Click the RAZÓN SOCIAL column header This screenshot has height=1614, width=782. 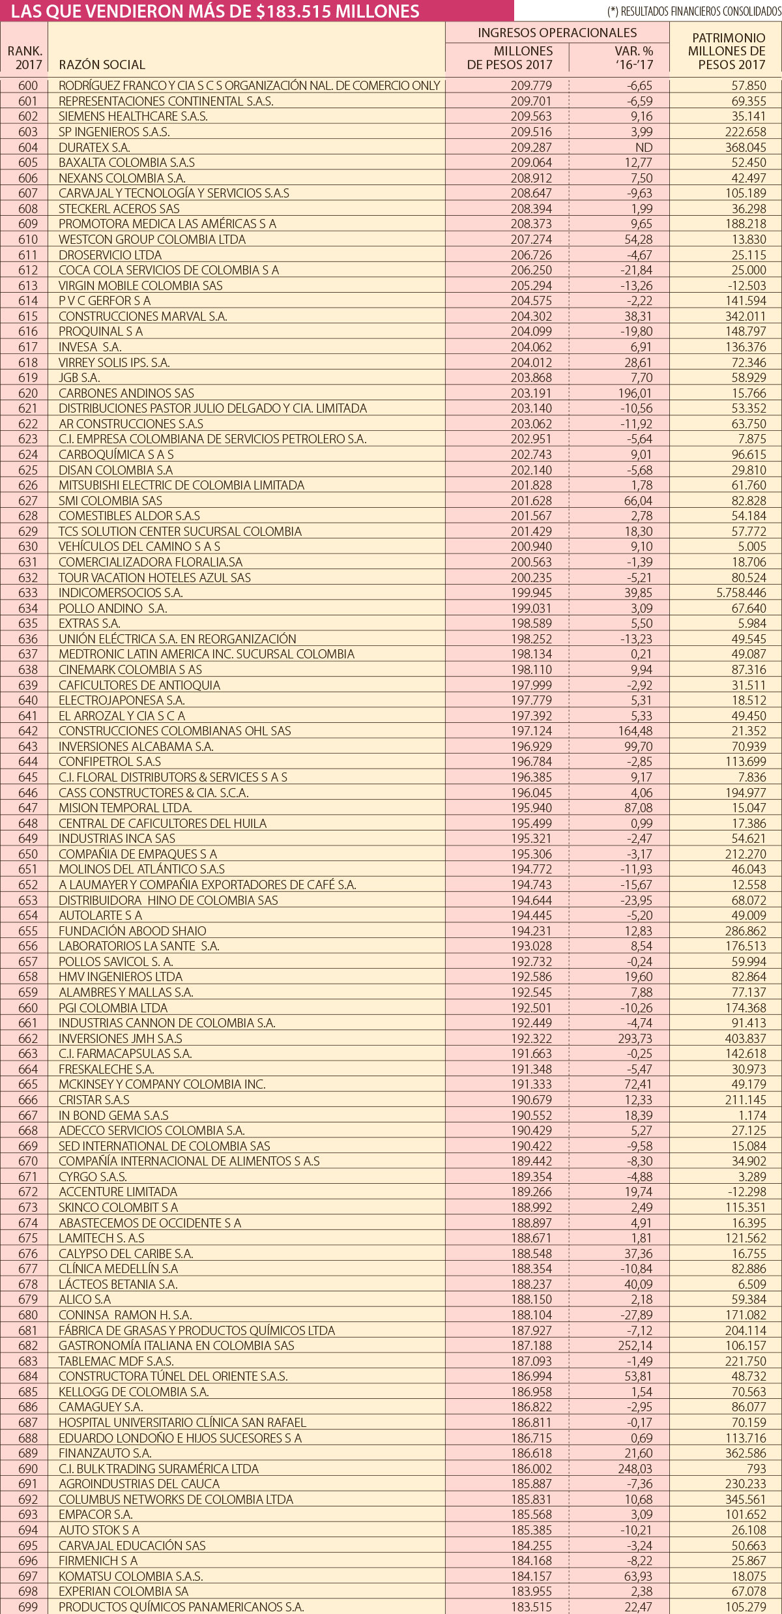(x=102, y=65)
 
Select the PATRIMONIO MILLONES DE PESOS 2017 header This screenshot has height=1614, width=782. (x=728, y=51)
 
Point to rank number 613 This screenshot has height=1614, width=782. (x=28, y=286)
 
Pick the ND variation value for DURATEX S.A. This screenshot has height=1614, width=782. (x=644, y=147)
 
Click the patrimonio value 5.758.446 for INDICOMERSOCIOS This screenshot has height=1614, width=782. (x=741, y=593)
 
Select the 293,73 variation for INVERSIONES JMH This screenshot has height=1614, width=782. (x=635, y=1038)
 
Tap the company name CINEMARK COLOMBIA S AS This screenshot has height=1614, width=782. (x=130, y=669)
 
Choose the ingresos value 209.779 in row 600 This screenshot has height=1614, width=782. (x=530, y=85)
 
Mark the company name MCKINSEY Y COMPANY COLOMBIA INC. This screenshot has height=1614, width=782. (x=162, y=1084)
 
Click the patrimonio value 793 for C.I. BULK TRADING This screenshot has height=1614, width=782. (x=756, y=1469)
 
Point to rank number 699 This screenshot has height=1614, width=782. (x=28, y=1607)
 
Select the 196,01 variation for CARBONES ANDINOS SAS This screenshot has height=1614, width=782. (x=635, y=393)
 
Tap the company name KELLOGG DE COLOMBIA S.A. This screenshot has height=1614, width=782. (x=134, y=1392)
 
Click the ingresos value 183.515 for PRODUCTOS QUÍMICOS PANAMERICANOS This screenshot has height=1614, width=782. (x=530, y=1607)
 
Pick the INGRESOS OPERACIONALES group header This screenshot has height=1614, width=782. (x=557, y=33)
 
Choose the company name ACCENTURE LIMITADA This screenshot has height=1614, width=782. (x=118, y=1192)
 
